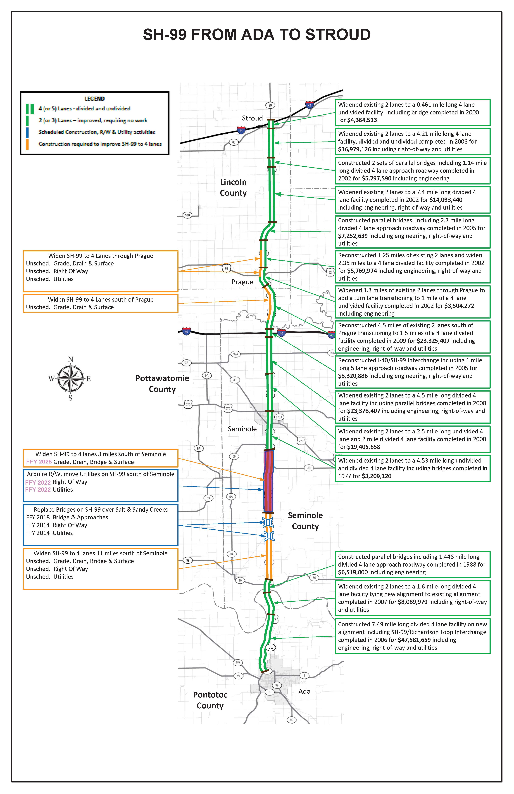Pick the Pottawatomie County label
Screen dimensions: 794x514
(x=162, y=384)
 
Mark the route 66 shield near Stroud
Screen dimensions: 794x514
(x=234, y=142)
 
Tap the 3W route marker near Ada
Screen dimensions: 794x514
(x=238, y=663)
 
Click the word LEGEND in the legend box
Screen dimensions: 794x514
(x=94, y=99)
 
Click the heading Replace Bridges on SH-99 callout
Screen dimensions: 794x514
(x=100, y=509)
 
